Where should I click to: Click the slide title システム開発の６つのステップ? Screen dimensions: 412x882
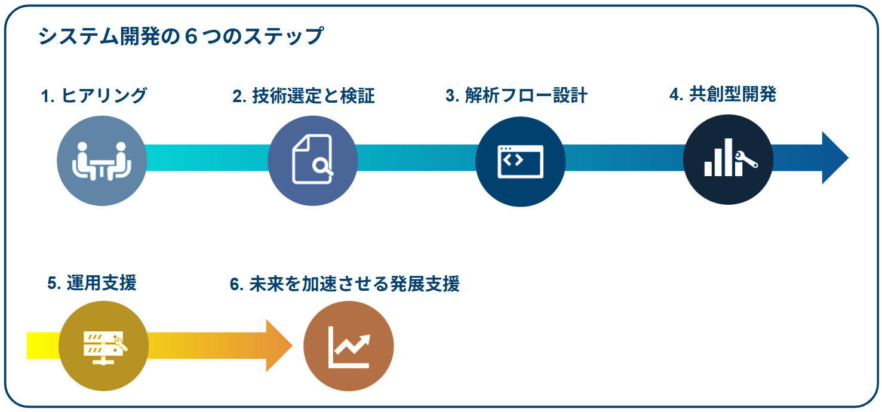[180, 36]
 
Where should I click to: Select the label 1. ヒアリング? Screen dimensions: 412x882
[94, 96]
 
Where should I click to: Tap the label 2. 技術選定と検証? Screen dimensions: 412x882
[303, 96]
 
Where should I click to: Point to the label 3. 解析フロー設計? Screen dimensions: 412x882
[517, 96]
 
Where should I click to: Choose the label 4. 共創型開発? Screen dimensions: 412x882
[723, 94]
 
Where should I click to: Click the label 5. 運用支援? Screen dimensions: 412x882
[92, 282]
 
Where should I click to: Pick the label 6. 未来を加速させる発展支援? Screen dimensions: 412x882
[345, 284]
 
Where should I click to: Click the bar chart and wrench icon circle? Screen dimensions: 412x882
[728, 159]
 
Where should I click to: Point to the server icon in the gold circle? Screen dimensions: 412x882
[103, 346]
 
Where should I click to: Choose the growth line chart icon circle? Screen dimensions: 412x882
[348, 346]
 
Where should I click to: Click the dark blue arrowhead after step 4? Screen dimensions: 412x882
[834, 158]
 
